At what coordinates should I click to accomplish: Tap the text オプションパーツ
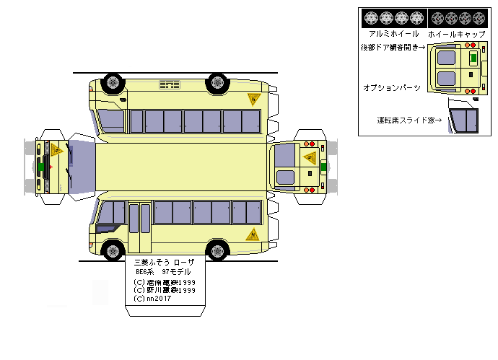pyautogui.click(x=392, y=87)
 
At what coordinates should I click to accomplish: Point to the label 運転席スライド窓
pyautogui.click(x=409, y=120)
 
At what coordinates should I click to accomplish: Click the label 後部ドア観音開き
pyautogui.click(x=393, y=48)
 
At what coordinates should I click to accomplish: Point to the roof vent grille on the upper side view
pyautogui.click(x=170, y=85)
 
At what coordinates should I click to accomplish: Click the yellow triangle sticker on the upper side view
pyautogui.click(x=254, y=99)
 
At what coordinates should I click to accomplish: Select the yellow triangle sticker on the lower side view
pyautogui.click(x=253, y=234)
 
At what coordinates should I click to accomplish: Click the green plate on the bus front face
pyautogui.click(x=40, y=167)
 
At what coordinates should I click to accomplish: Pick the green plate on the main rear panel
pyautogui.click(x=323, y=166)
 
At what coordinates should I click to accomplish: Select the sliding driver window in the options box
pyautogui.click(x=464, y=120)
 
